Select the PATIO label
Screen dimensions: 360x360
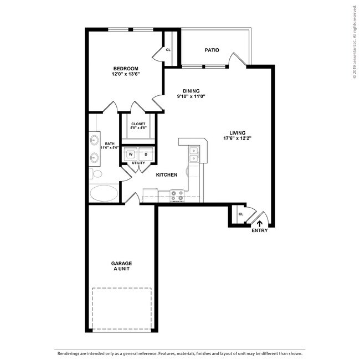click(212, 50)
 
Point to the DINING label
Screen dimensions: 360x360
click(191, 91)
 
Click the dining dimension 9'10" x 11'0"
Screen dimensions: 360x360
click(191, 97)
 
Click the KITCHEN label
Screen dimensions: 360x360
click(166, 175)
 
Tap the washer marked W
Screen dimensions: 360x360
click(131, 155)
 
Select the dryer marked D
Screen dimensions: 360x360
click(146, 155)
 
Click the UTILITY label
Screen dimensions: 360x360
click(138, 163)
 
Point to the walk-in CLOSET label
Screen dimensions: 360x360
click(138, 124)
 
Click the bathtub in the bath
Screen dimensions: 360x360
click(104, 194)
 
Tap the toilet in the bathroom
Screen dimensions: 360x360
click(97, 174)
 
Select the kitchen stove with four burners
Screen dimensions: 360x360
click(178, 195)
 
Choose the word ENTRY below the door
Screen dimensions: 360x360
click(259, 231)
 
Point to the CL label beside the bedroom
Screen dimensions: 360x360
click(168, 50)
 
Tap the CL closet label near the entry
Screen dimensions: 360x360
click(241, 214)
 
